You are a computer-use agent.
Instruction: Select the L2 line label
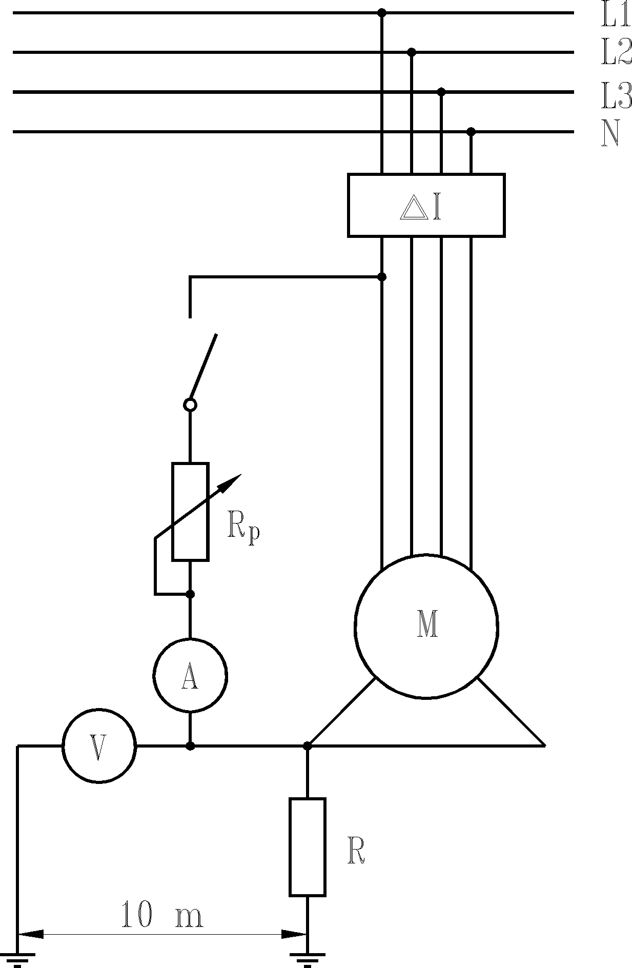click(x=616, y=53)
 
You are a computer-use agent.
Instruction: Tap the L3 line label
click(x=616, y=96)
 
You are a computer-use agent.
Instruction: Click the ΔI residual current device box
click(x=426, y=205)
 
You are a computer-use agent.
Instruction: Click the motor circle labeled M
click(x=426, y=626)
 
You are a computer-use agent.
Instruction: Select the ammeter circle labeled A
click(x=190, y=675)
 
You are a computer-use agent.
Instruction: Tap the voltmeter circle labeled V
click(x=99, y=746)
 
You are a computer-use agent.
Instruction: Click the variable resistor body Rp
click(x=190, y=512)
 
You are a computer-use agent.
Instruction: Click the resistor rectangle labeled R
click(x=307, y=846)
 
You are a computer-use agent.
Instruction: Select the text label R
click(x=356, y=851)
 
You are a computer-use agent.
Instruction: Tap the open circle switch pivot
click(x=190, y=405)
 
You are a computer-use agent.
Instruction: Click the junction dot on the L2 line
click(x=412, y=52)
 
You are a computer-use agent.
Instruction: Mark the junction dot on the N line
click(x=471, y=132)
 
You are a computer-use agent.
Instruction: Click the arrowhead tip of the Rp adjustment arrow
click(x=240, y=475)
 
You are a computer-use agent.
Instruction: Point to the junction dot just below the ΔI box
click(x=382, y=277)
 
